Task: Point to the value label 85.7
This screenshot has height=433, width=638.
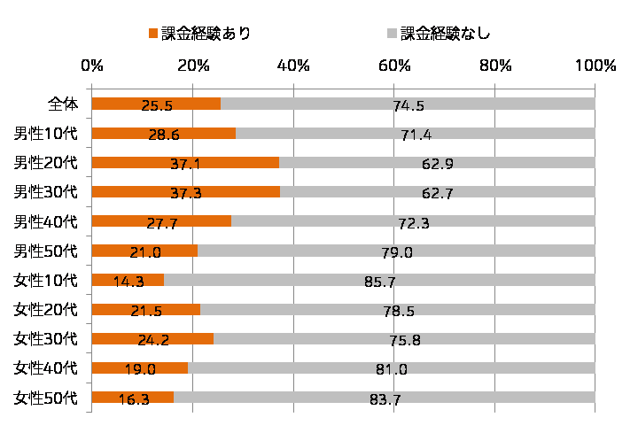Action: point(379,282)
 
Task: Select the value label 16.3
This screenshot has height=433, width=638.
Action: point(133,399)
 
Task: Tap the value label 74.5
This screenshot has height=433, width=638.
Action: point(408,106)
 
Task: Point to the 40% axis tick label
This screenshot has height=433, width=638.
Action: point(293,66)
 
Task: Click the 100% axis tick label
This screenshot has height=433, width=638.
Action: point(595,66)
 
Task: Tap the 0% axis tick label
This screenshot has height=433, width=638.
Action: point(91,66)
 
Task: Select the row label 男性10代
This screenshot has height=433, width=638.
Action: point(46,134)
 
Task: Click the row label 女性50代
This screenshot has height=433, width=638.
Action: point(46,397)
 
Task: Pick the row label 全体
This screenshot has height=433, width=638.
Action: point(62,104)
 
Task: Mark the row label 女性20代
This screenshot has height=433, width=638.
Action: point(46,309)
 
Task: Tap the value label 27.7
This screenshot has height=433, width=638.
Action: point(160,223)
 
